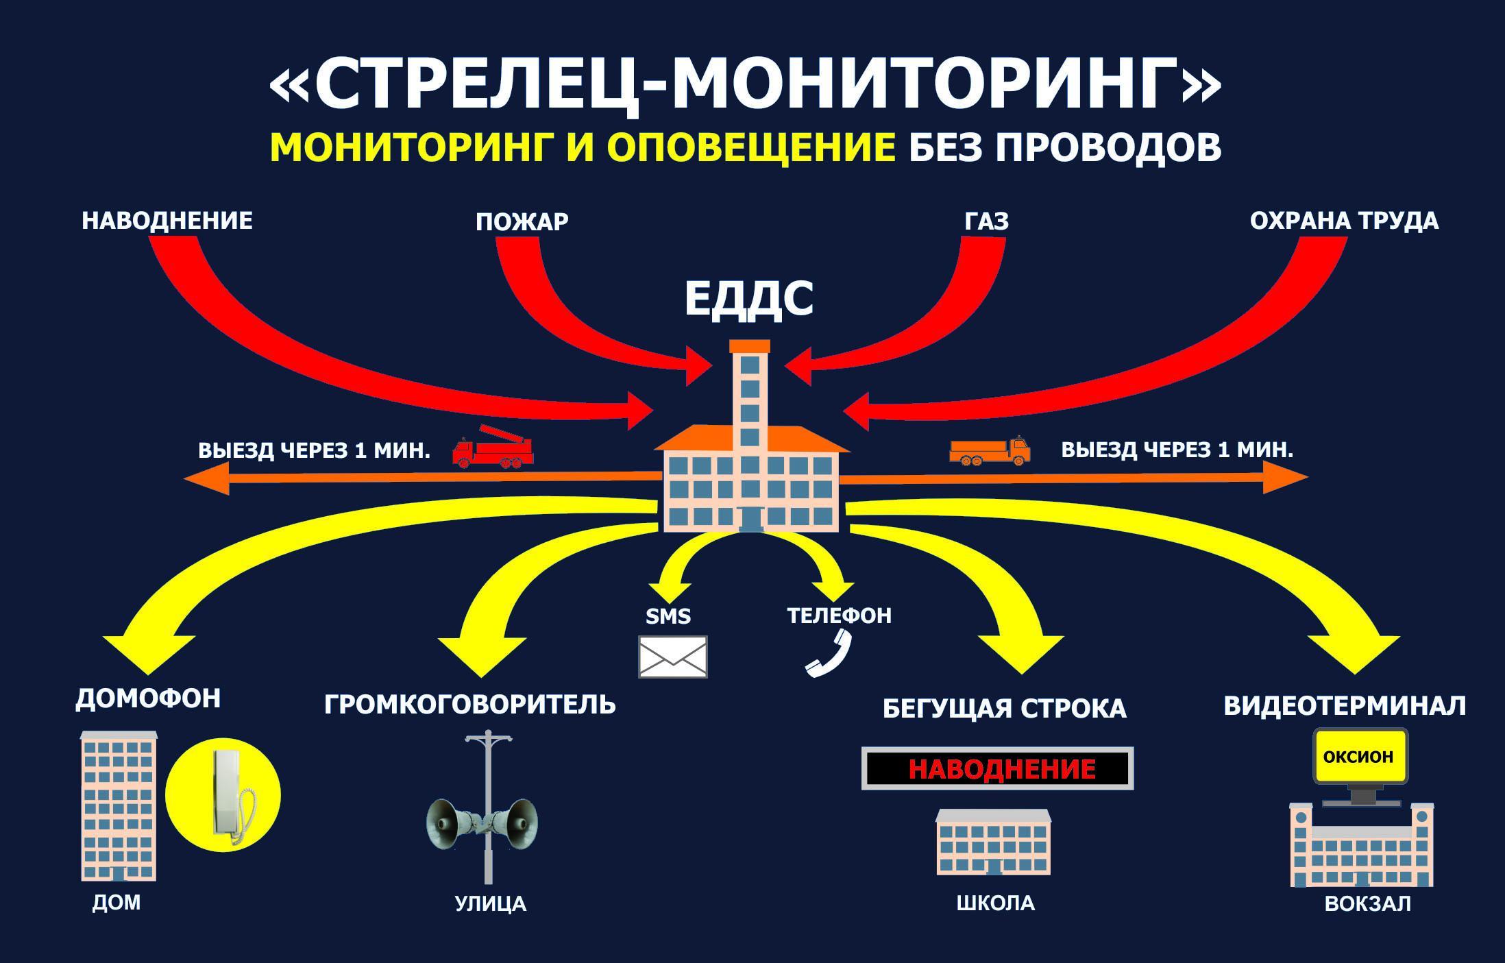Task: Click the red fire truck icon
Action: tap(493, 446)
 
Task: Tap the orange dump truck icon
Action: tap(990, 451)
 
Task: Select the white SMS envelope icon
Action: tap(672, 657)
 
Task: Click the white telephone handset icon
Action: tap(829, 653)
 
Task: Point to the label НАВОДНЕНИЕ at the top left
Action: tap(167, 221)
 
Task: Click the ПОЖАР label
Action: tap(522, 221)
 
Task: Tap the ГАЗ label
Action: tap(987, 221)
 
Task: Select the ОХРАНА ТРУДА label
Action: tap(1344, 221)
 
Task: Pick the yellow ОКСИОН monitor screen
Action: tap(1360, 756)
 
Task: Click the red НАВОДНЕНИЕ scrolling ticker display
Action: tap(997, 768)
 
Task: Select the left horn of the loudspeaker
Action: tap(449, 822)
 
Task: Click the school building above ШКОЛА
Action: tap(993, 842)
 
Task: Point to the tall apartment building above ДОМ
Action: tap(119, 806)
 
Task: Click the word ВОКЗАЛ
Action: tap(1367, 903)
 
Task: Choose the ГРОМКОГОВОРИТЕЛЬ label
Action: tap(469, 705)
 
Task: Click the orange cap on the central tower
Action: tap(750, 346)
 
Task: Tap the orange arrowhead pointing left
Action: tap(206, 478)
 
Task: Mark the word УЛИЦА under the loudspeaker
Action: tap(490, 903)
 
